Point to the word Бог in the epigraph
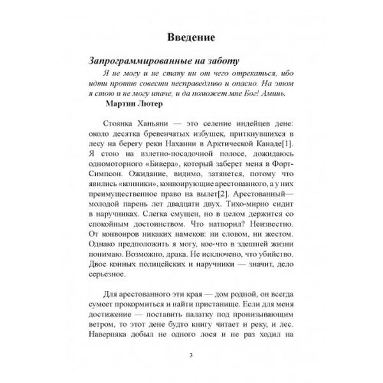pos(254,93)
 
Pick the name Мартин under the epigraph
pos(115,105)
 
